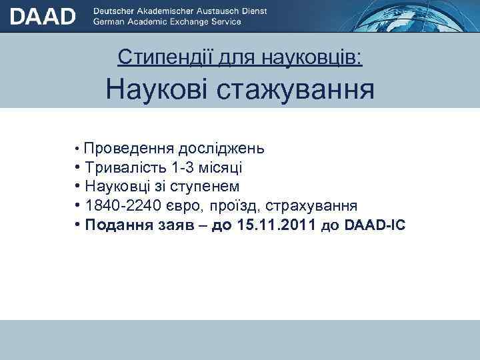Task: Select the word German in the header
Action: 109,21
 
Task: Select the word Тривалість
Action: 126,167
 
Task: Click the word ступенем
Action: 209,187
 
